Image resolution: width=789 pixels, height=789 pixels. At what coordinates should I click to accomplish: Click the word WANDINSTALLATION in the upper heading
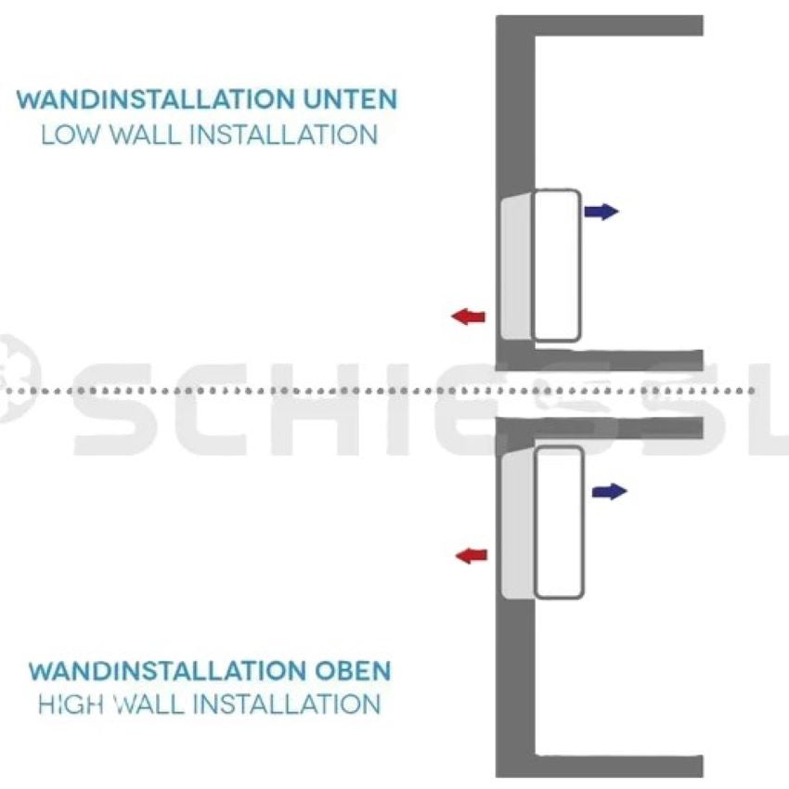tap(155, 99)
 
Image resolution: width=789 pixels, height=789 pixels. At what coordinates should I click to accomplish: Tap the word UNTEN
tap(350, 99)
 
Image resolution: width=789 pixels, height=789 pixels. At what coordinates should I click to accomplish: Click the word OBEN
tap(348, 671)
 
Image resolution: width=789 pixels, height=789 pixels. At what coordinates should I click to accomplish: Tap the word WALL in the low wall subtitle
tap(146, 136)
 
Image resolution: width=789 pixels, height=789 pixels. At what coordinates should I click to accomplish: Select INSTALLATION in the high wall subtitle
tap(287, 704)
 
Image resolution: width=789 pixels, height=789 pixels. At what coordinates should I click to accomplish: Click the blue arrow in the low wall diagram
tap(601, 212)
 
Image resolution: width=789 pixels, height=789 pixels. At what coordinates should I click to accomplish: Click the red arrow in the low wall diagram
tap(469, 317)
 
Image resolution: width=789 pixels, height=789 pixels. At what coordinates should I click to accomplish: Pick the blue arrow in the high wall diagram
tap(609, 491)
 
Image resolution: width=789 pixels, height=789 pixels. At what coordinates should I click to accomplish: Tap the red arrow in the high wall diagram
tap(472, 555)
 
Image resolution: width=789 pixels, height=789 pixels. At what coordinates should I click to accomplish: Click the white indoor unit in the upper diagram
tap(556, 265)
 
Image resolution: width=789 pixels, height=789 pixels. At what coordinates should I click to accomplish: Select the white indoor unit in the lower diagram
tap(559, 523)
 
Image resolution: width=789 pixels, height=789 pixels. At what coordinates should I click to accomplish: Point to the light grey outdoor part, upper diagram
tap(516, 267)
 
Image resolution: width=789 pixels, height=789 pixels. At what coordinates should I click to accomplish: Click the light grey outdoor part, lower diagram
tap(517, 524)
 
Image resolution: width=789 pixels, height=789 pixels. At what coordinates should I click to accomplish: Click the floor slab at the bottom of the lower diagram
tap(618, 767)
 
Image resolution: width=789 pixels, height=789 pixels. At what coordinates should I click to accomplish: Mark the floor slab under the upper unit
tap(618, 360)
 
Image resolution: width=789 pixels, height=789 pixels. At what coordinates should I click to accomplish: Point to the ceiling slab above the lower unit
tap(618, 428)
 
